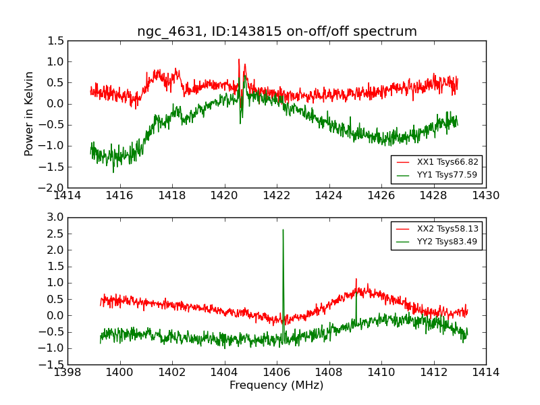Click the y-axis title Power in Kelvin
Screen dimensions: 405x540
[x=29, y=113]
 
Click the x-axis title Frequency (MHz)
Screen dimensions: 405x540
[x=276, y=385]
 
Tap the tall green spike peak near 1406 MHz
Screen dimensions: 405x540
[x=283, y=230]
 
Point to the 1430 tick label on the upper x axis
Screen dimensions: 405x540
[x=485, y=196]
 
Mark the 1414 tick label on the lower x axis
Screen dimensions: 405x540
[x=485, y=373]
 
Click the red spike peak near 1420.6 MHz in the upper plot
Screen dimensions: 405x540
[x=239, y=59]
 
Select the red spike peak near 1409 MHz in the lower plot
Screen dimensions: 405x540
[x=356, y=279]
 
